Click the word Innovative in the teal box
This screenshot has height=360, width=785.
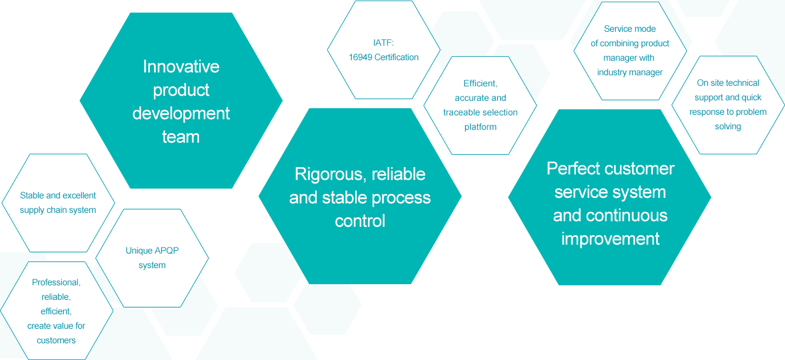pyautogui.click(x=181, y=67)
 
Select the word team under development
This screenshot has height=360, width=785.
pyautogui.click(x=181, y=137)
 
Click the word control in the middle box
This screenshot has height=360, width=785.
pyautogui.click(x=360, y=221)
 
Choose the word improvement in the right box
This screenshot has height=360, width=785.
pyautogui.click(x=610, y=239)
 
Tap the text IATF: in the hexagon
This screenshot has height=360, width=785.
pyautogui.click(x=384, y=42)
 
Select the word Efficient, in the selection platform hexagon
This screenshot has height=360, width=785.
pyautogui.click(x=480, y=84)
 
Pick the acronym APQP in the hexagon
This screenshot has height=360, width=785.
pyautogui.click(x=167, y=251)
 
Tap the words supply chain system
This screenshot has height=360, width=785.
pyautogui.click(x=58, y=210)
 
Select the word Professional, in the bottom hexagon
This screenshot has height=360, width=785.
pyautogui.click(x=56, y=283)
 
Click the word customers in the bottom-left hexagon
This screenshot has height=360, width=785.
pyautogui.click(x=56, y=340)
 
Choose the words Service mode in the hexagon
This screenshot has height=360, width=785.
pyautogui.click(x=630, y=29)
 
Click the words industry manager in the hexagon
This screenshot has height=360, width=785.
pyautogui.click(x=630, y=72)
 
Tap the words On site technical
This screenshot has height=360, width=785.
pyautogui.click(x=728, y=83)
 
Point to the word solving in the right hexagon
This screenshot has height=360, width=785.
pyautogui.click(x=728, y=127)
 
